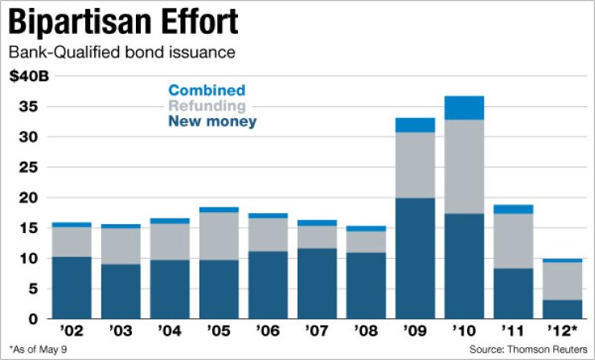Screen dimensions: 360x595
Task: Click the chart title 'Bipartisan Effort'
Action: click(x=123, y=22)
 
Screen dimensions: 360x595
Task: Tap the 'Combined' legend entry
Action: click(x=207, y=91)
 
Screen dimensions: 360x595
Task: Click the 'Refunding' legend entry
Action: click(x=207, y=106)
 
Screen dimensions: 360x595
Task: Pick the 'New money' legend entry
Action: click(x=212, y=121)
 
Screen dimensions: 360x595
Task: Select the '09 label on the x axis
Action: click(x=414, y=330)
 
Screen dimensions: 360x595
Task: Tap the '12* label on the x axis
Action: click(x=562, y=330)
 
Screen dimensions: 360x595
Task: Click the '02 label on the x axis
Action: click(x=71, y=330)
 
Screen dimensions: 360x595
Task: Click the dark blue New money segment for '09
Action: click(x=414, y=257)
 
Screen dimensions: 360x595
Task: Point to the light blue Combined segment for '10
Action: click(x=464, y=108)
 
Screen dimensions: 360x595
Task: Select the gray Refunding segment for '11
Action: click(x=513, y=240)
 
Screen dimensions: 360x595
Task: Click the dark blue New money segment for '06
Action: click(x=267, y=284)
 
